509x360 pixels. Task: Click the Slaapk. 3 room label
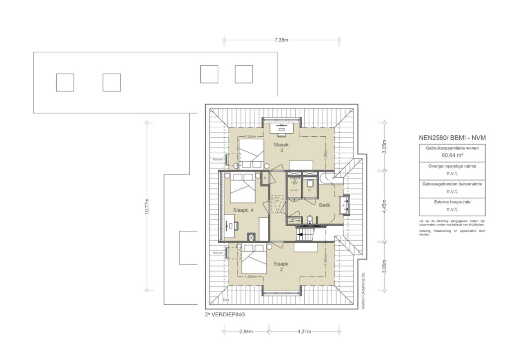(281, 147)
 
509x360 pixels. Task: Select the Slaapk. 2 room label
(281, 267)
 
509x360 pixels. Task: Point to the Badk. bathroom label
(325, 205)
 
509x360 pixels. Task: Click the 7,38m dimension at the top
(281, 40)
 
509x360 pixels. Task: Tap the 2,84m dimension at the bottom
(246, 331)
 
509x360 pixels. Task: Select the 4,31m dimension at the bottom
(305, 331)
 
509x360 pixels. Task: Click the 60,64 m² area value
(445, 155)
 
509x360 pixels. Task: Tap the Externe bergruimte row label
(445, 202)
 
